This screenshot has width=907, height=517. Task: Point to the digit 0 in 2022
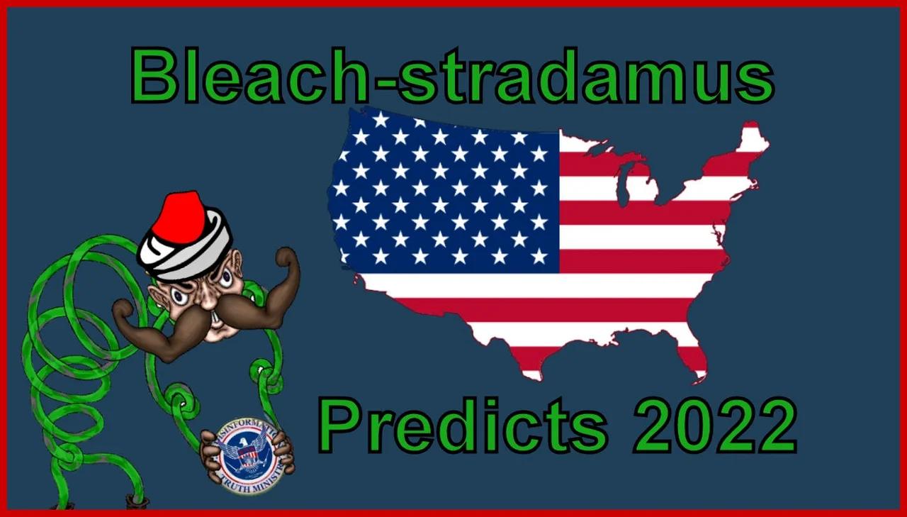[687, 426]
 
